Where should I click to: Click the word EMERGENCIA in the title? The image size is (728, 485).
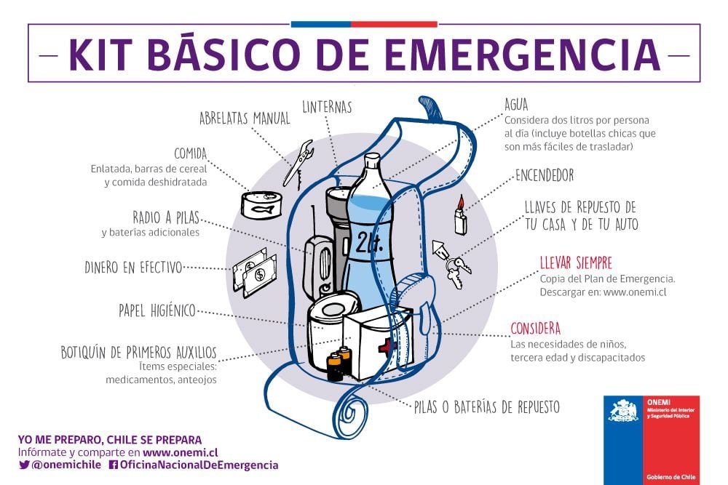pyautogui.click(x=521, y=55)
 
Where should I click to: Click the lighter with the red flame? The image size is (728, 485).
pyautogui.click(x=460, y=217)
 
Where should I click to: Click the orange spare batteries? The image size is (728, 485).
pyautogui.click(x=339, y=363)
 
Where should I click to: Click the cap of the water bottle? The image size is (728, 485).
pyautogui.click(x=371, y=159)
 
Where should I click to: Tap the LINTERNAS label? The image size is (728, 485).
pyautogui.click(x=327, y=108)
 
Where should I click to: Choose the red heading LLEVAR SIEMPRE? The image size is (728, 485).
pyautogui.click(x=576, y=262)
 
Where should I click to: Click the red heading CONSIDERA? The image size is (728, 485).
pyautogui.click(x=535, y=328)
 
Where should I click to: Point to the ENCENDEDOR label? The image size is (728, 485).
pyautogui.click(x=544, y=175)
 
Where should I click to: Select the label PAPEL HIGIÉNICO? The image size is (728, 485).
pyautogui.click(x=157, y=311)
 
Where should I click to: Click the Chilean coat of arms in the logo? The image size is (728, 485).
pyautogui.click(x=623, y=412)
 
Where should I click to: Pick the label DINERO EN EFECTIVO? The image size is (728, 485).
pyautogui.click(x=133, y=268)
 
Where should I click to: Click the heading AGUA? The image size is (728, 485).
pyautogui.click(x=516, y=105)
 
